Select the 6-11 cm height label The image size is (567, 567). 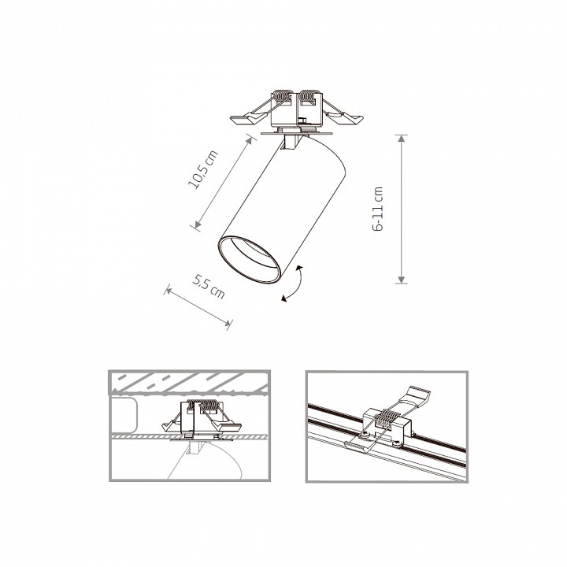(x=380, y=209)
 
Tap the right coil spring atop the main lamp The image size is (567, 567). (x=309, y=101)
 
